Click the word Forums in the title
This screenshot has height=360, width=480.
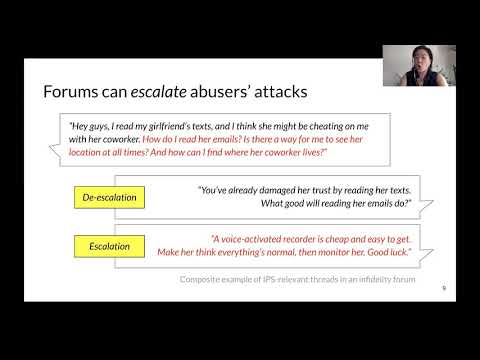(75, 92)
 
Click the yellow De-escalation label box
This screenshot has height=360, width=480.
(111, 197)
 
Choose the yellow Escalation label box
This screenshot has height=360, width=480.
(111, 245)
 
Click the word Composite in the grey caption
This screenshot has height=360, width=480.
(205, 278)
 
